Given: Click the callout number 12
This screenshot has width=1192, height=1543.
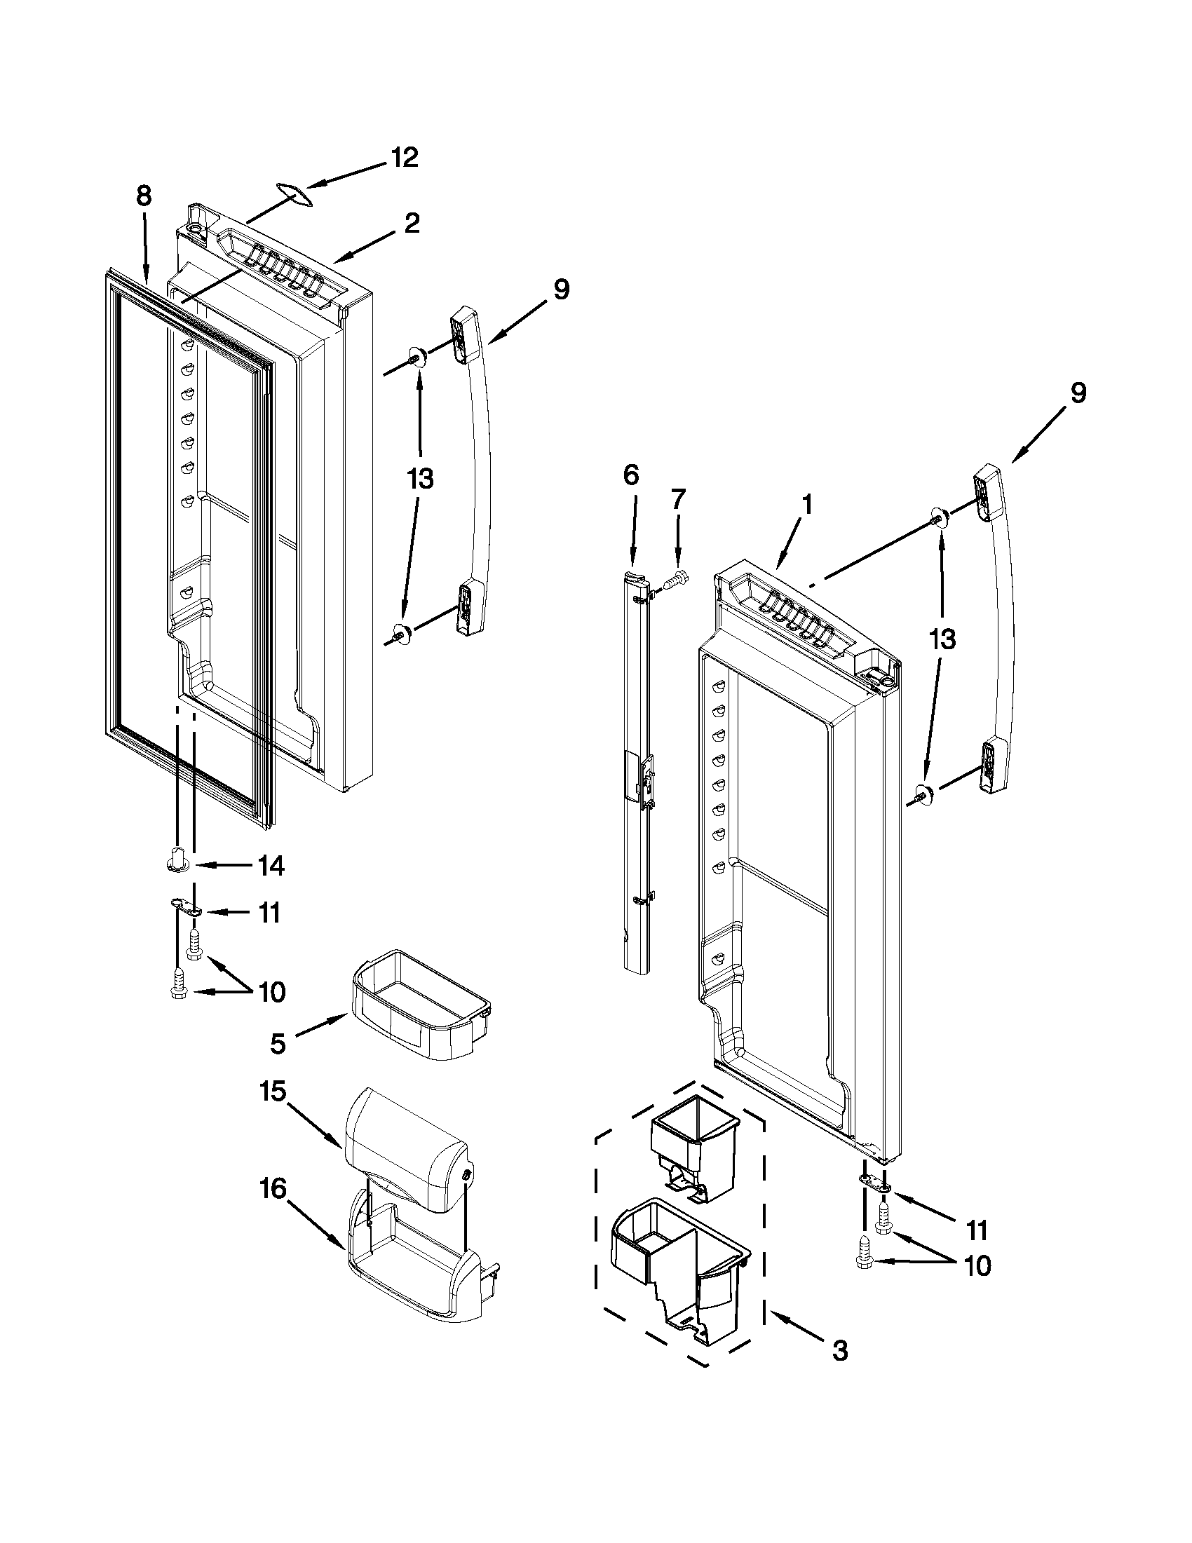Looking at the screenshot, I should pyautogui.click(x=404, y=158).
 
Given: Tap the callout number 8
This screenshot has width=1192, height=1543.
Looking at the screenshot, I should pyautogui.click(x=144, y=196).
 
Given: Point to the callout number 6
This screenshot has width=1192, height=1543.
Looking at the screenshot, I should pyautogui.click(x=631, y=475).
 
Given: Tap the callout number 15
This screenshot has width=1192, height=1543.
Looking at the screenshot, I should pyautogui.click(x=273, y=1092).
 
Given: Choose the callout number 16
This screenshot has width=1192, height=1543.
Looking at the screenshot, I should pyautogui.click(x=273, y=1189).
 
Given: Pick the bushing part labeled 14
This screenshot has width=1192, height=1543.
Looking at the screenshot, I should pyautogui.click(x=177, y=861).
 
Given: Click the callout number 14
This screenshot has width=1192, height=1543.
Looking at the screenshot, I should pyautogui.click(x=271, y=866).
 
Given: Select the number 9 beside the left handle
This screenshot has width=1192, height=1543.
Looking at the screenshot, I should pyautogui.click(x=561, y=290).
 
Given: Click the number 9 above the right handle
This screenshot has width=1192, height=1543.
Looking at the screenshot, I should pyautogui.click(x=1078, y=393).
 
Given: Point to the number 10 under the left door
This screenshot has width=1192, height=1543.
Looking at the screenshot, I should pyautogui.click(x=271, y=993).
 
